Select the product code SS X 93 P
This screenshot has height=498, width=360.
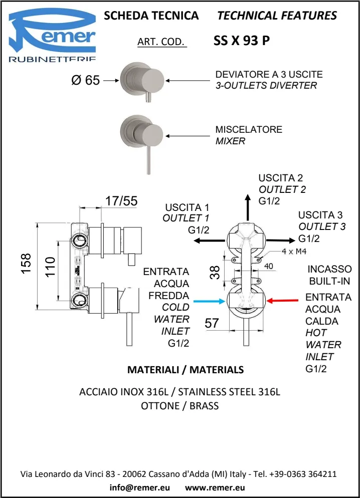[242, 42]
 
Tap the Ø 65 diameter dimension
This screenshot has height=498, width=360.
[86, 80]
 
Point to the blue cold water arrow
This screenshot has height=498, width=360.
[209, 301]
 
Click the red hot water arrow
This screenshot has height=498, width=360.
[285, 301]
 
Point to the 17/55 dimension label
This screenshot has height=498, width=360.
[121, 201]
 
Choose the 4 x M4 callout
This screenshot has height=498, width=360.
[294, 251]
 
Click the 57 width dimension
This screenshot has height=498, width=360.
[212, 323]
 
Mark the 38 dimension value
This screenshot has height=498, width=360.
[215, 272]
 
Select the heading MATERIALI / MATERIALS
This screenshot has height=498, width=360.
[186, 370]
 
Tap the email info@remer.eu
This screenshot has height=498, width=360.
[139, 486]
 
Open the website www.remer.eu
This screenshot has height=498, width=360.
[215, 486]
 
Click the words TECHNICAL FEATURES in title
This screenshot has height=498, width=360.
[277, 16]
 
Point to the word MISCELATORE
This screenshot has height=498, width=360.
[249, 129]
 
